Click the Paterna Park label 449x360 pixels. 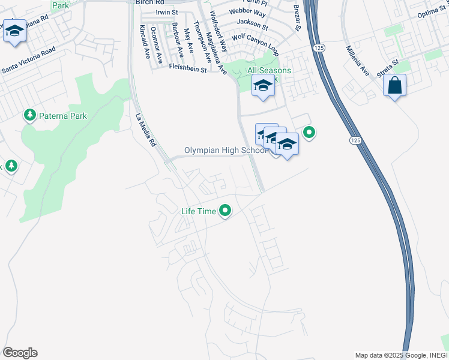point(62,116)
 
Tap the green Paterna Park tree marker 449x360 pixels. point(28,114)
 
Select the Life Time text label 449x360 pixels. point(199,211)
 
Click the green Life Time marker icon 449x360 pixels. point(225,211)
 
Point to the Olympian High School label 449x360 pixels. point(226,151)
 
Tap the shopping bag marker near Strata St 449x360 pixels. point(394,86)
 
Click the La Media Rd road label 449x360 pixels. point(145,130)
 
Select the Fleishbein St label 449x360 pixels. point(188,70)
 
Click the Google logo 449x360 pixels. point(20,353)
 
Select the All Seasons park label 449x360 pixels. point(269,71)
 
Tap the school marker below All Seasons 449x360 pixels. point(262,87)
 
